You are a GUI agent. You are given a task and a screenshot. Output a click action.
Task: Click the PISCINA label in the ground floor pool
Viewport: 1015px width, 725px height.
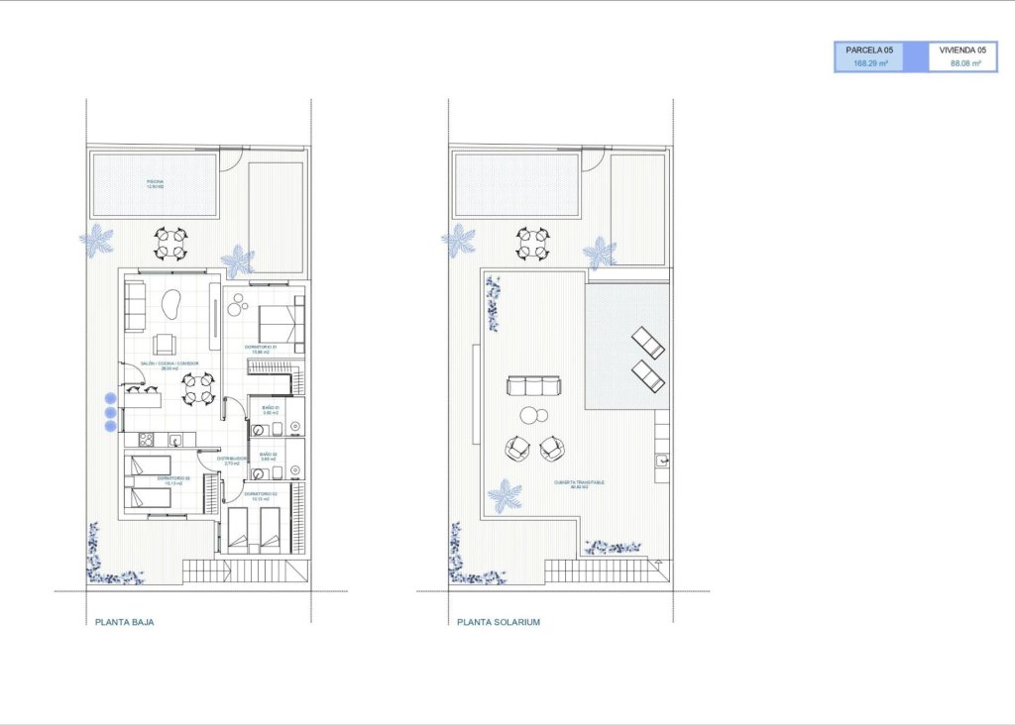pos(155,183)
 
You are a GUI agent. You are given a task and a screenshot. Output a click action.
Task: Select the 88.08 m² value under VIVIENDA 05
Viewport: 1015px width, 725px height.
pos(965,63)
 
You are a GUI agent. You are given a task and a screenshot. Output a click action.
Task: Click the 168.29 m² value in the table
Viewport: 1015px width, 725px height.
pos(870,63)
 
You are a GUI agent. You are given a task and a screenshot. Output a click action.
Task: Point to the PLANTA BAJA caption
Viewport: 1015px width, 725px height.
pos(124,623)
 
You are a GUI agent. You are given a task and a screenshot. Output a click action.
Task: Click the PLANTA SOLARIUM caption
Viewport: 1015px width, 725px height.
pos(499,623)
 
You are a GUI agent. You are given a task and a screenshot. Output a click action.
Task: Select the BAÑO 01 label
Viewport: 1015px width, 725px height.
pos(271,409)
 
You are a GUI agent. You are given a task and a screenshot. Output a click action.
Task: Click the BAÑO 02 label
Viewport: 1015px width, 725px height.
pos(269,457)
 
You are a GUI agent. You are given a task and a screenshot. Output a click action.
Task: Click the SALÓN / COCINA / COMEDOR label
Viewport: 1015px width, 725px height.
pos(169,365)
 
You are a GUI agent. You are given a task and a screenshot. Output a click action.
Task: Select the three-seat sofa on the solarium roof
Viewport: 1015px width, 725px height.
pos(533,385)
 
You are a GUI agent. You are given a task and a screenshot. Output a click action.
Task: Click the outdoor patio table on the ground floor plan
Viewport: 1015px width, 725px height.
pos(171,243)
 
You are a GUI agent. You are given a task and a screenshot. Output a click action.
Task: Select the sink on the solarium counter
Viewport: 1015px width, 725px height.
pos(662,460)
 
